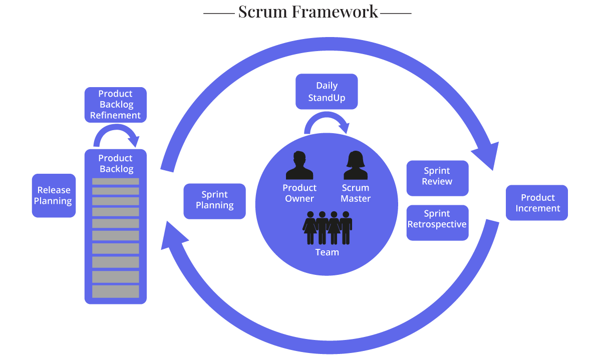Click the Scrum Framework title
click(308, 12)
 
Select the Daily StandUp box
click(327, 92)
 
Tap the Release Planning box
click(54, 196)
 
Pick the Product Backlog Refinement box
click(115, 105)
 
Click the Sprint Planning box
click(214, 200)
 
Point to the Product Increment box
click(537, 203)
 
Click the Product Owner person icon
click(300, 166)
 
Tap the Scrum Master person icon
click(356, 166)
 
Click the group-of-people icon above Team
click(327, 228)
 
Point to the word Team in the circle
click(327, 252)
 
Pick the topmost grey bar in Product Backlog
click(115, 181)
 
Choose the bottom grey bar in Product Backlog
click(115, 291)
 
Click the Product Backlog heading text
click(116, 164)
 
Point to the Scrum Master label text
click(356, 193)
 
